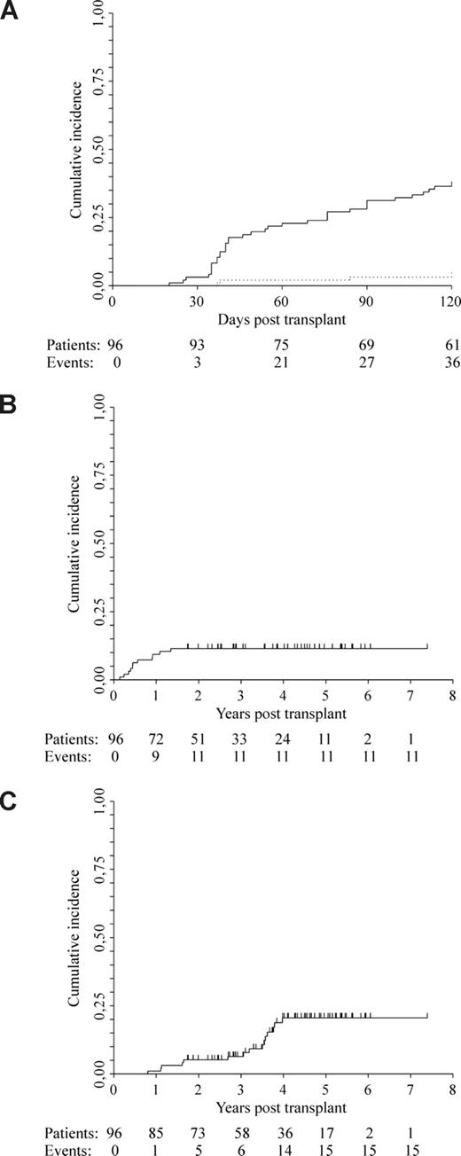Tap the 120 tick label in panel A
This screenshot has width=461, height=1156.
[x=451, y=301]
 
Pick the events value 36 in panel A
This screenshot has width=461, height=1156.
[x=451, y=360]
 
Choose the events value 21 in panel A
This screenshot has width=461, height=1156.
[x=281, y=360]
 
